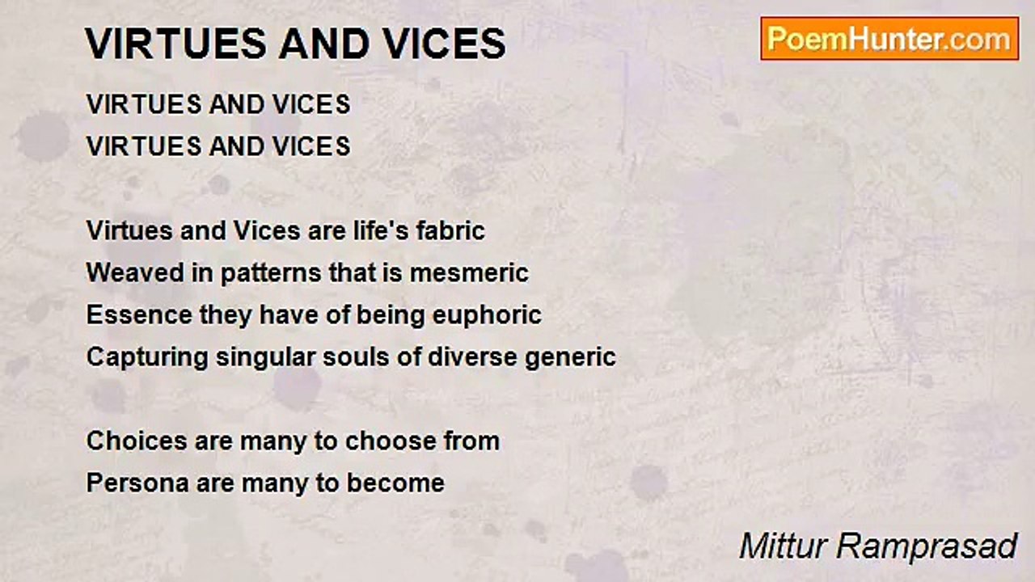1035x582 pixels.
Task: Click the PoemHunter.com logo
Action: pos(889,39)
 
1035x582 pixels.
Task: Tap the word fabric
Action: pos(450,231)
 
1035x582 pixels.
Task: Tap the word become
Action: pos(396,483)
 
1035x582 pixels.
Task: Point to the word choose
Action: pos(391,441)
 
